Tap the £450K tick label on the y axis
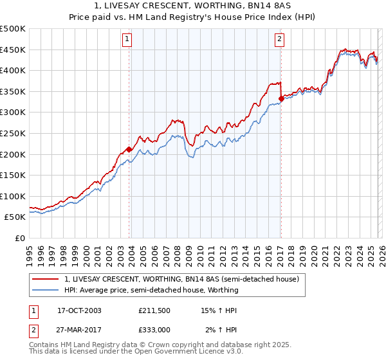coord(13,50)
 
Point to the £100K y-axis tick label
coord(13,196)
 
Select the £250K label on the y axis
coord(13,133)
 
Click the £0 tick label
coord(19,238)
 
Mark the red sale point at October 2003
coord(129,149)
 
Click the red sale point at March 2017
coord(281,98)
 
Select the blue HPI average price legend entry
coord(151,290)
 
